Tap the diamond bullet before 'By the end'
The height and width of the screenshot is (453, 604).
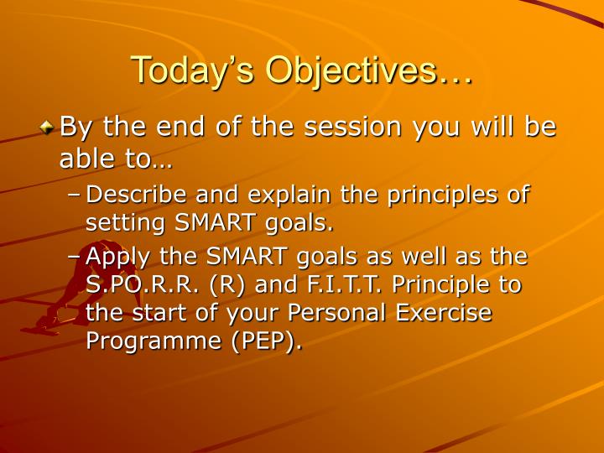pos(49,128)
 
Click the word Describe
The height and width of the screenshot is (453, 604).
pos(138,195)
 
